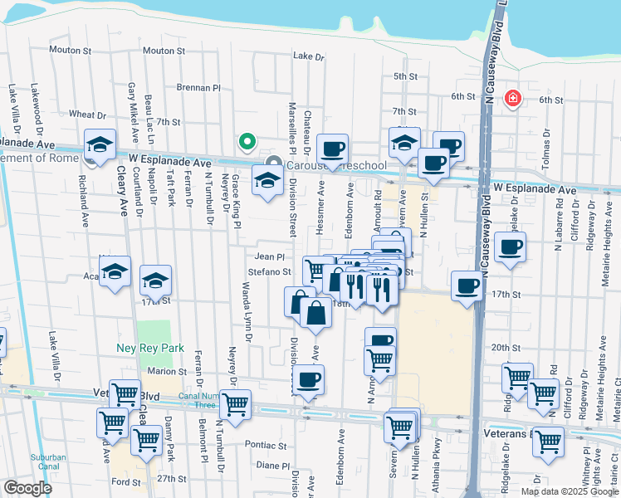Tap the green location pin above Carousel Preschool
pos(246,142)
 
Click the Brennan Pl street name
pos(199,87)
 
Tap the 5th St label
pos(404,76)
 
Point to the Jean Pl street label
pos(270,257)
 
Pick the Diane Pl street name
pos(271,466)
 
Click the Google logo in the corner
pos(27,488)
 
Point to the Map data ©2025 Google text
pos(570,491)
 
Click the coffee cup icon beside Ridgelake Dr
pos(510,246)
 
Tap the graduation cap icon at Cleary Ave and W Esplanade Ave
pos(100,145)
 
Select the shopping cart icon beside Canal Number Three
pos(235,404)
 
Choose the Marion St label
pos(169,371)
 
